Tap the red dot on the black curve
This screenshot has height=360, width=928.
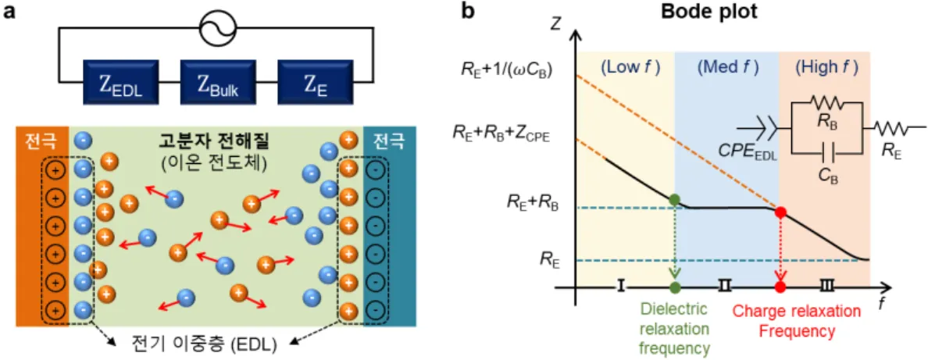780,212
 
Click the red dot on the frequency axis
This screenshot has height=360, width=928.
780,287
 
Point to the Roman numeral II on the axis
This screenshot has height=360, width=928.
725,287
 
